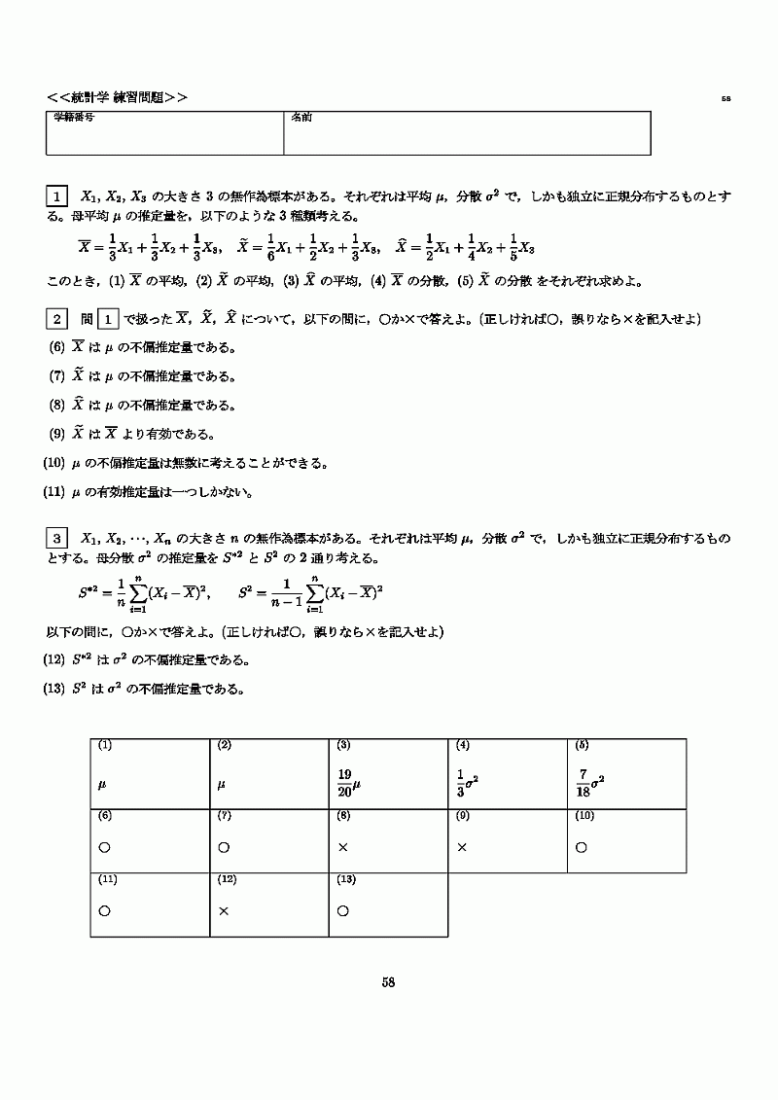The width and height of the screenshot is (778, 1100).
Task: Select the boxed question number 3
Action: [x=56, y=538]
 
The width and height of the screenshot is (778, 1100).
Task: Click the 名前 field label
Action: [x=300, y=117]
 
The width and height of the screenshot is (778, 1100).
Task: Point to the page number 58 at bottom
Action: [x=388, y=982]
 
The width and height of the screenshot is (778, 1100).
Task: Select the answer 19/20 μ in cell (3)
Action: [x=348, y=782]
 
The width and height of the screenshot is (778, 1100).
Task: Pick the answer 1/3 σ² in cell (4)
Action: [x=468, y=782]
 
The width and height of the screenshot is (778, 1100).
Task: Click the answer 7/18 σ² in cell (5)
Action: [x=589, y=782]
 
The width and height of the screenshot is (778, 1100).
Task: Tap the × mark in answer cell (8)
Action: [x=343, y=847]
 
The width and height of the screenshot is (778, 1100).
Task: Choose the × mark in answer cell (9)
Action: [x=462, y=847]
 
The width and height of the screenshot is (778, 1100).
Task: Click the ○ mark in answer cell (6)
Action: [x=104, y=847]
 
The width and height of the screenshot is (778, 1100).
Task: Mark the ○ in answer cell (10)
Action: [x=582, y=847]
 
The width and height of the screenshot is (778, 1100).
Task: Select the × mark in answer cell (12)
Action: [x=224, y=911]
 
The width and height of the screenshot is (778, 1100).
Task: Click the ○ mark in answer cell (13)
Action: [x=343, y=911]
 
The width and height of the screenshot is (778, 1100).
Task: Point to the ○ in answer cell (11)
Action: [x=104, y=911]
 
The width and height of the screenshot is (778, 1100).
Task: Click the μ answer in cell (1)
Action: [x=102, y=782]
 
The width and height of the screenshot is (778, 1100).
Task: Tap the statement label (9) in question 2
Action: [x=56, y=434]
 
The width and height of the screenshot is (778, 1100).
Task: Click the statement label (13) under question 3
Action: [x=54, y=690]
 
